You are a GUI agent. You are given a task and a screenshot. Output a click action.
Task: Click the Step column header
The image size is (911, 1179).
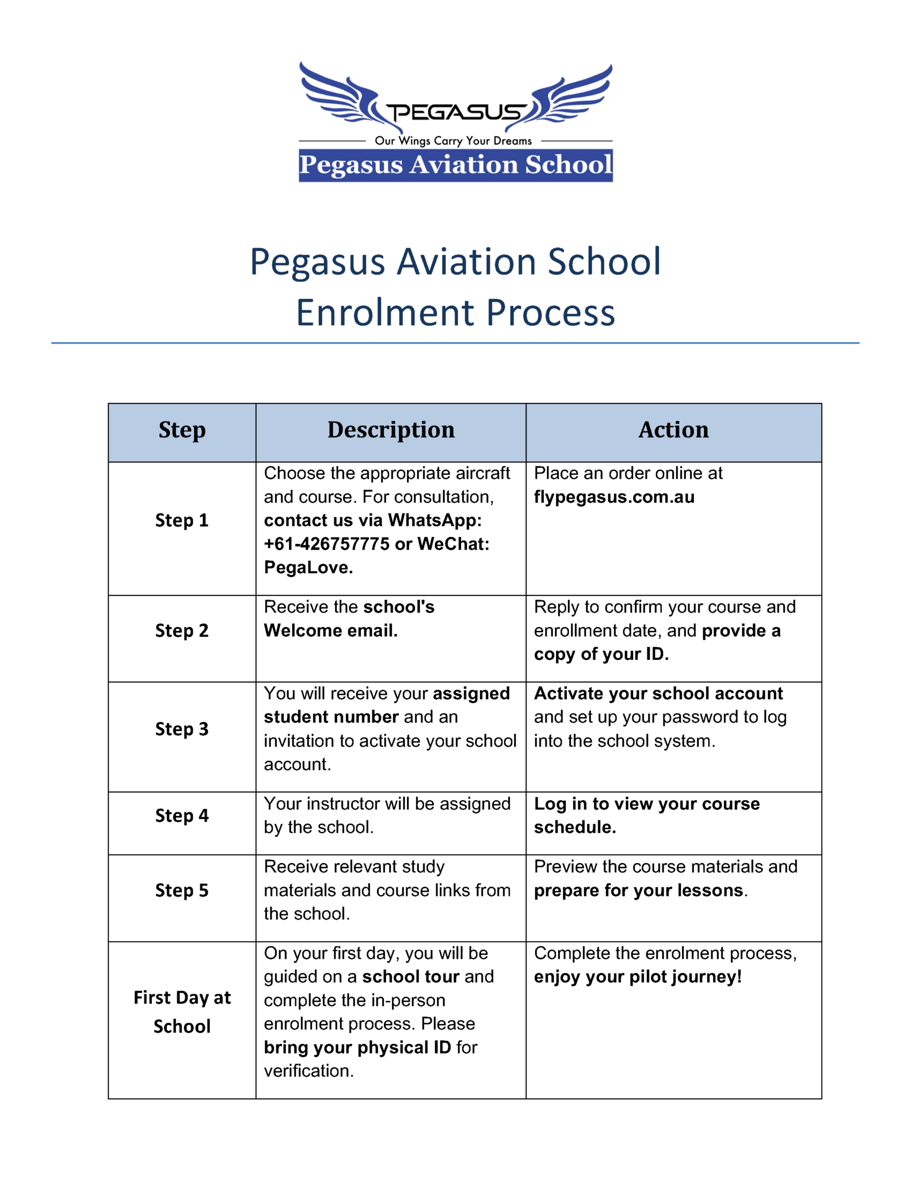(182, 430)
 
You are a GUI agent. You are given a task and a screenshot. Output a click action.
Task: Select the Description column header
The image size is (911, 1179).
(391, 430)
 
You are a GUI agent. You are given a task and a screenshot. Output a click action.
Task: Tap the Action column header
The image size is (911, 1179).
(673, 430)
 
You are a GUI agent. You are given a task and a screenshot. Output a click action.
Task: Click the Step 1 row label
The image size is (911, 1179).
(182, 520)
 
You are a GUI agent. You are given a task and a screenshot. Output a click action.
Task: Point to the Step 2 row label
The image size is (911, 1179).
(182, 631)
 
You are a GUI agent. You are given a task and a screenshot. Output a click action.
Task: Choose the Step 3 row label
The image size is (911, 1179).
(182, 729)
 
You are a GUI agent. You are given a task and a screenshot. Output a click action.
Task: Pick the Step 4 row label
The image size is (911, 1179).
(182, 816)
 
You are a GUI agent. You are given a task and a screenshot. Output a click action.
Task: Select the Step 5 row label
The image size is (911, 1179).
(182, 891)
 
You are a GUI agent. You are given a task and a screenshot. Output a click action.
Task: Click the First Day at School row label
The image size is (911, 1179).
(182, 1012)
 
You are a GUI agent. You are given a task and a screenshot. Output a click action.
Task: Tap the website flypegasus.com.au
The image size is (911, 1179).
(614, 497)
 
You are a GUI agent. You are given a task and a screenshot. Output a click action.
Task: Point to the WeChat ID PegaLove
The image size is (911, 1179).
(308, 568)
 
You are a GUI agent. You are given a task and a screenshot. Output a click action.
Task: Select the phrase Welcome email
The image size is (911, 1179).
(330, 631)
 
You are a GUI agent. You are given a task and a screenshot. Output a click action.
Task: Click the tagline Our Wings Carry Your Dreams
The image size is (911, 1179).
(453, 141)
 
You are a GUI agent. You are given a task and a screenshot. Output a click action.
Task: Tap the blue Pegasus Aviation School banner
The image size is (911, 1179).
(455, 165)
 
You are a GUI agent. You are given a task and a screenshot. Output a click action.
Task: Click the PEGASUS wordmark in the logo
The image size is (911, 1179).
(455, 112)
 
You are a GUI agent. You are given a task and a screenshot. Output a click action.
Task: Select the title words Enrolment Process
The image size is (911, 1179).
(455, 313)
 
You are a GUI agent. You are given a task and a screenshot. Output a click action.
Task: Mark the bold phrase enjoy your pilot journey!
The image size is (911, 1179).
(638, 977)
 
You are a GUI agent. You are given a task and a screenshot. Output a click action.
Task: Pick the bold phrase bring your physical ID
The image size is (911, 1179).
(357, 1047)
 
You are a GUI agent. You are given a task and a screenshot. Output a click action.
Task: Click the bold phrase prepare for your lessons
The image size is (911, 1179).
(639, 891)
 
